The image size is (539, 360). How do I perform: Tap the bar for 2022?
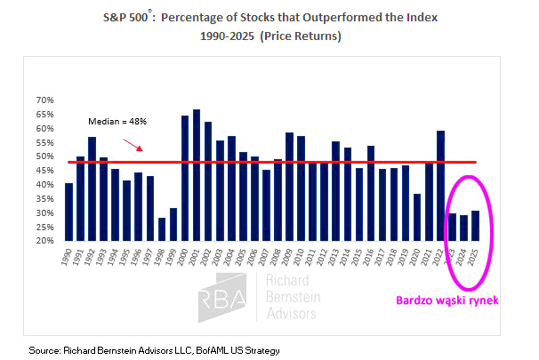tap(440, 186)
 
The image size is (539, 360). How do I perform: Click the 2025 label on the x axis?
tap(476, 258)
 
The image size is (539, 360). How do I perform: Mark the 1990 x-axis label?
tap(69, 258)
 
